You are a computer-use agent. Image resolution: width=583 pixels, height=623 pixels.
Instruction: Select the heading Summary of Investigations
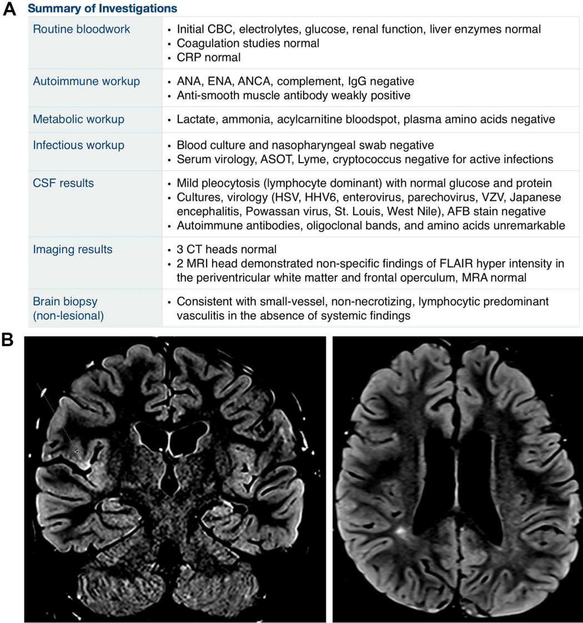coord(103,9)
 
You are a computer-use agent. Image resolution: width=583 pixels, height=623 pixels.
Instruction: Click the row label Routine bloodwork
coord(82,29)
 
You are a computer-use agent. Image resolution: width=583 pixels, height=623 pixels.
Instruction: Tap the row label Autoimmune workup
coord(87,82)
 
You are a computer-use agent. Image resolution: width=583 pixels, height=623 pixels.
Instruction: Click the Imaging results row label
coord(73,250)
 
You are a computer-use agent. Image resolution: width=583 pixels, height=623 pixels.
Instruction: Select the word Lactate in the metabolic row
coord(194,120)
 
